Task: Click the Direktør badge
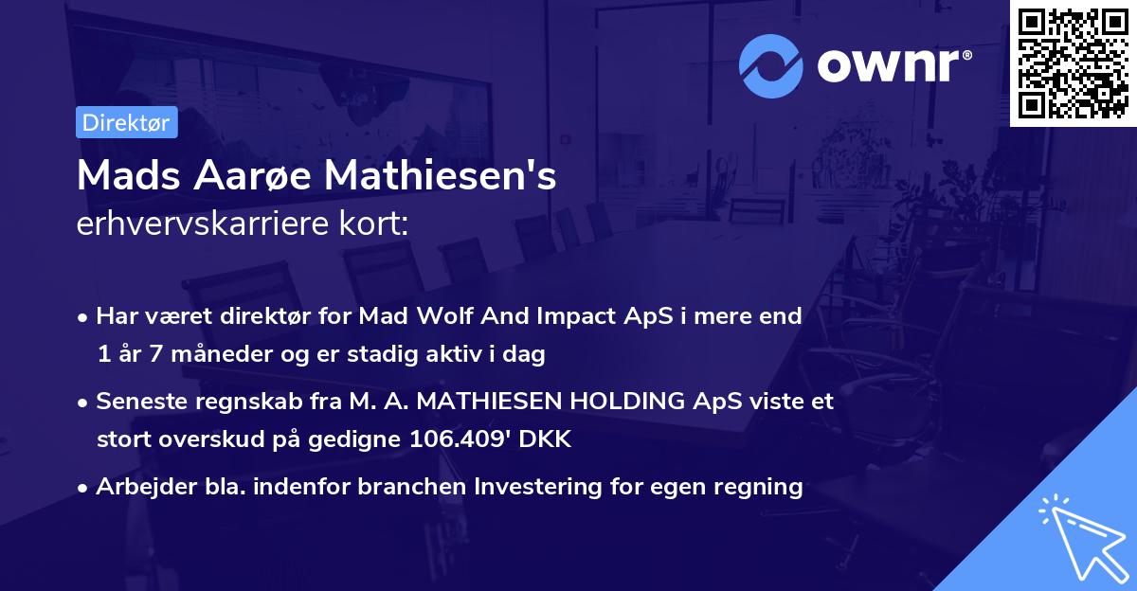126,122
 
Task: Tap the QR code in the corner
1074,63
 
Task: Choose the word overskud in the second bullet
205,439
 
